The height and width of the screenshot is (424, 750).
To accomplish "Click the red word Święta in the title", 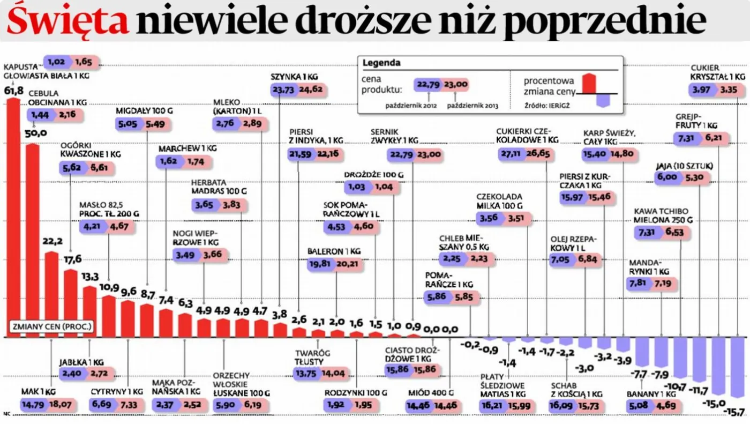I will [68, 21].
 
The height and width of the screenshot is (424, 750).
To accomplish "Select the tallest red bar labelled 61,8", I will [13, 214].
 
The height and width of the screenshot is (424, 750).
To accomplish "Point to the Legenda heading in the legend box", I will [381, 63].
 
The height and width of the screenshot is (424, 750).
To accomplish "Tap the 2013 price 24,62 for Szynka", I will [311, 90].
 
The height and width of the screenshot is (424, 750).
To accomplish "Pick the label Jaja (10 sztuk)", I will [684, 166].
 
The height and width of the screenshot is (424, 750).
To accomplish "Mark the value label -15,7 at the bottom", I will [737, 412].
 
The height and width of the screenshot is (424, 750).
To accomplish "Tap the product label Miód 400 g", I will [430, 392].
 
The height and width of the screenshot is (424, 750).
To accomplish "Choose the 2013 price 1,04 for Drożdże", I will [384, 187].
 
